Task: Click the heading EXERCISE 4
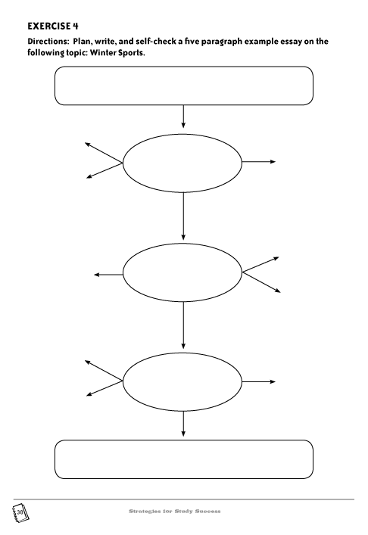click(53, 26)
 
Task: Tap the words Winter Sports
click(117, 53)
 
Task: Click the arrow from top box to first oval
click(183, 117)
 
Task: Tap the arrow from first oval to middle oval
click(183, 216)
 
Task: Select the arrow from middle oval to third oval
click(183, 325)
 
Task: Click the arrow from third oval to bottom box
click(183, 424)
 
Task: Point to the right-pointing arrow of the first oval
click(258, 162)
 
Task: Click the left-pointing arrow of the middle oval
click(108, 275)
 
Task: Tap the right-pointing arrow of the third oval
click(258, 382)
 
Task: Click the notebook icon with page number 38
click(20, 512)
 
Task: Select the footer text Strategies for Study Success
click(174, 511)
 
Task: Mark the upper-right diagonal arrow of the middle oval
click(260, 265)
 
